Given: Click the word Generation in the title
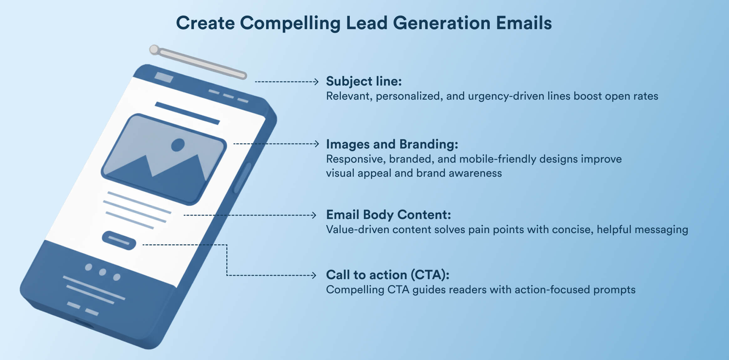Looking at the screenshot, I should [442, 23].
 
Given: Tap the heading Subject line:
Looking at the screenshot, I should [364, 81].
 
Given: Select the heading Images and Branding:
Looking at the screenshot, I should [392, 144].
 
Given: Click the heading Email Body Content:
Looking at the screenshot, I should [388, 215].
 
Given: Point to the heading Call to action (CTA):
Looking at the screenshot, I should [387, 275].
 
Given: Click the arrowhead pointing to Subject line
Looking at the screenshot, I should [316, 82].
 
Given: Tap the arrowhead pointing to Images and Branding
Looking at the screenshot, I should [317, 144].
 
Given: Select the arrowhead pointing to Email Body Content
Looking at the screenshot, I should [314, 215].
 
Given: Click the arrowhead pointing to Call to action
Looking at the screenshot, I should [314, 275].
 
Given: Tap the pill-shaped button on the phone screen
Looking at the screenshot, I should [119, 240].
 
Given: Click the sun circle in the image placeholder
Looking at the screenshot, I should [178, 145].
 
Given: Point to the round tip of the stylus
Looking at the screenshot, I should [154, 50].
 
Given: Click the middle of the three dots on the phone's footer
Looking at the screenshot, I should [102, 272].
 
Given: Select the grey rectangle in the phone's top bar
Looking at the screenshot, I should [164, 77].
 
